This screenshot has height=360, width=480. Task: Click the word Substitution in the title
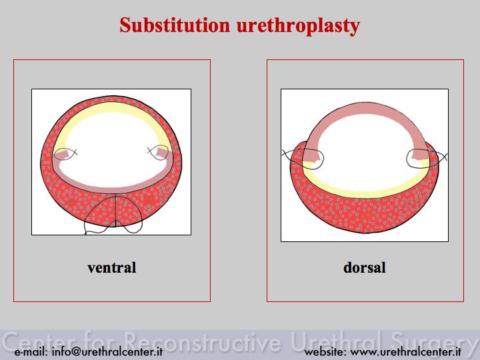pyautogui.click(x=175, y=25)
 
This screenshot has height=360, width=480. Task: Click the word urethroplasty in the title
pyautogui.click(x=298, y=26)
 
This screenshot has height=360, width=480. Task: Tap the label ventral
pyautogui.click(x=112, y=267)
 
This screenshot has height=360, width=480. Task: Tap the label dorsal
pyautogui.click(x=364, y=267)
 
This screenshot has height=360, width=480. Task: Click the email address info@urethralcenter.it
pyautogui.click(x=107, y=352)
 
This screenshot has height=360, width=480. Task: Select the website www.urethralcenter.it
pyautogui.click(x=405, y=352)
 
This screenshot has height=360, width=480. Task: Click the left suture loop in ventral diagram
pyautogui.click(x=66, y=154)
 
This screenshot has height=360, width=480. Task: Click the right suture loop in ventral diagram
pyautogui.click(x=157, y=152)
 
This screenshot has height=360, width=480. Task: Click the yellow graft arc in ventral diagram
pyautogui.click(x=112, y=107)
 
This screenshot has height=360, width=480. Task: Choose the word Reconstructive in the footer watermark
pyautogui.click(x=203, y=341)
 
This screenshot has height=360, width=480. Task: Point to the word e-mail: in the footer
pyautogui.click(x=31, y=352)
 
